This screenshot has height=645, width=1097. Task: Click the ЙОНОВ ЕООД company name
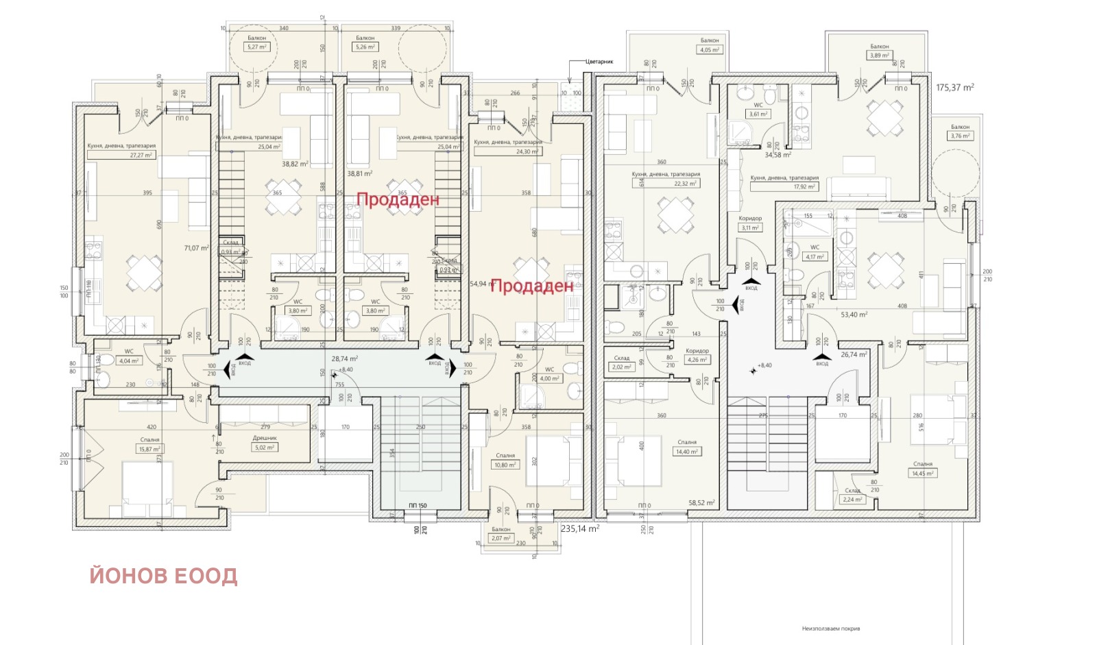[163, 576]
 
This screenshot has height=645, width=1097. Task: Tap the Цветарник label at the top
[599, 62]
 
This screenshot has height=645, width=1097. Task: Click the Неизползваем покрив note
[830, 629]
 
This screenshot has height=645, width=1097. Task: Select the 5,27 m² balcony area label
[257, 47]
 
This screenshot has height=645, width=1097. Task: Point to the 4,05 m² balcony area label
[710, 50]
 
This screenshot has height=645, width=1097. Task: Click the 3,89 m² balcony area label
[880, 56]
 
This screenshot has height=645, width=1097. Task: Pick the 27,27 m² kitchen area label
[141, 156]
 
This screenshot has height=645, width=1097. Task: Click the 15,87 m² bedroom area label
[149, 450]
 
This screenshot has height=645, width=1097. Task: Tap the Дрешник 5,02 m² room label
[265, 448]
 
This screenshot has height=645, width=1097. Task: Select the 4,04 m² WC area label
[129, 361]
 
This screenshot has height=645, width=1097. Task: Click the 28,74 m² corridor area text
[344, 358]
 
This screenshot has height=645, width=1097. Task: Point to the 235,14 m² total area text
[580, 529]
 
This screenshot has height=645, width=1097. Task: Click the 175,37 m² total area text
[955, 88]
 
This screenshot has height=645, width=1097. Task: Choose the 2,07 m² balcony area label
[501, 538]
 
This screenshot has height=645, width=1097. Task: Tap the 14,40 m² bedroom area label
[687, 452]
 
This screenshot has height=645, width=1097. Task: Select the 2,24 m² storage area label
[852, 500]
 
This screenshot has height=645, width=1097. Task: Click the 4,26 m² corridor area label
[697, 360]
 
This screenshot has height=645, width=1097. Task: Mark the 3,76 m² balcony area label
[960, 136]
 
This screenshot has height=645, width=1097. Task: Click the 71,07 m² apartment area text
[196, 248]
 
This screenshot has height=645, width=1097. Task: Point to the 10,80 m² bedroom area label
[505, 465]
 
